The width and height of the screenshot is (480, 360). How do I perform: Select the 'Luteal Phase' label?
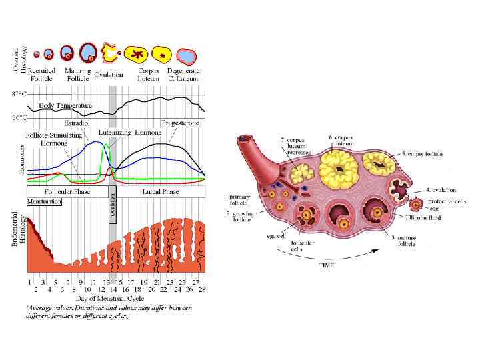(x=161, y=191)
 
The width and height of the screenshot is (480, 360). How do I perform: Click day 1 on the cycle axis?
(x=29, y=282)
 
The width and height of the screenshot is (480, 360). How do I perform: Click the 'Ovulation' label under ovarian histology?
(x=109, y=75)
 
